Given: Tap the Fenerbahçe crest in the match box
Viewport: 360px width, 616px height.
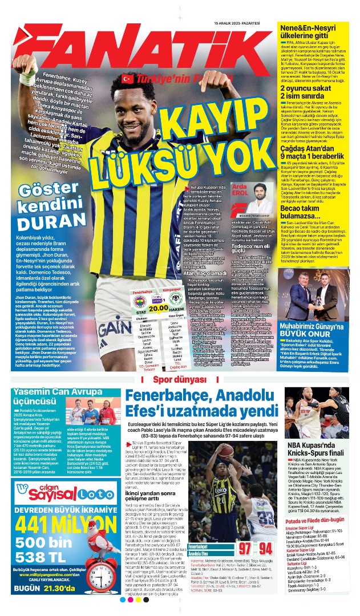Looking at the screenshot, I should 140,300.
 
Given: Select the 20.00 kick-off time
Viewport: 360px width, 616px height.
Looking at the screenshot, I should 156,307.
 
